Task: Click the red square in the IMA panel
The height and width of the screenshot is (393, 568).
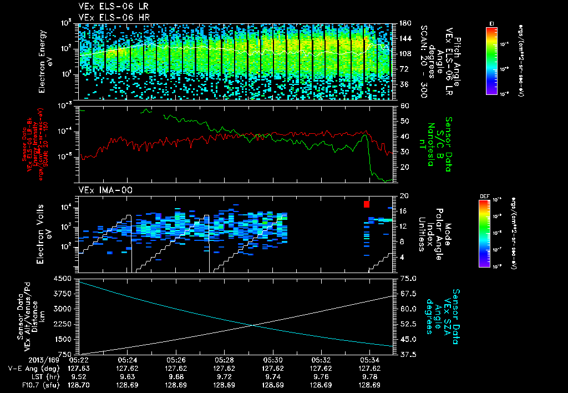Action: click(366, 204)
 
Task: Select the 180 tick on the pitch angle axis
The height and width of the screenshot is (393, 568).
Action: click(404, 23)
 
